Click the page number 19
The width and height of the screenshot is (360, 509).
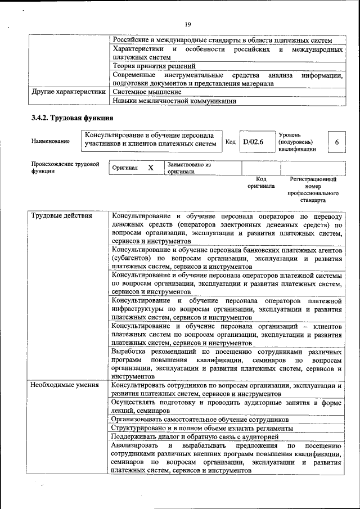pyautogui.click(x=188, y=24)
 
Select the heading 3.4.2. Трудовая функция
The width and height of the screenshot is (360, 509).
pyautogui.click(x=73, y=118)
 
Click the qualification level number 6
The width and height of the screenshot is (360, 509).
pyautogui.click(x=336, y=142)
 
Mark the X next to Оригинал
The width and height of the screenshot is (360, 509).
pyautogui.click(x=150, y=168)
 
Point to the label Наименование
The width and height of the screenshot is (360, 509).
pyautogui.click(x=51, y=141)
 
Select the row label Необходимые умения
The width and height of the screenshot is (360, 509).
pyautogui.click(x=65, y=385)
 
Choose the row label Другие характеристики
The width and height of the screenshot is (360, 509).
pyautogui.click(x=69, y=91)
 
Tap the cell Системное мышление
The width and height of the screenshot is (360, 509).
pyautogui.click(x=147, y=91)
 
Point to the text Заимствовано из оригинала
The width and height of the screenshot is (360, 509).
pyautogui.click(x=188, y=168)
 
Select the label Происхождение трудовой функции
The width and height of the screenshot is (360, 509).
pyautogui.click(x=65, y=168)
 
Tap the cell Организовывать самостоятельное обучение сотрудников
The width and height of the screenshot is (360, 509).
pyautogui.click(x=200, y=420)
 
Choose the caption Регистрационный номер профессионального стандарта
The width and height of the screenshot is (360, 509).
pyautogui.click(x=313, y=190)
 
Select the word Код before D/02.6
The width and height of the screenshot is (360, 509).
pyautogui.click(x=230, y=142)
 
